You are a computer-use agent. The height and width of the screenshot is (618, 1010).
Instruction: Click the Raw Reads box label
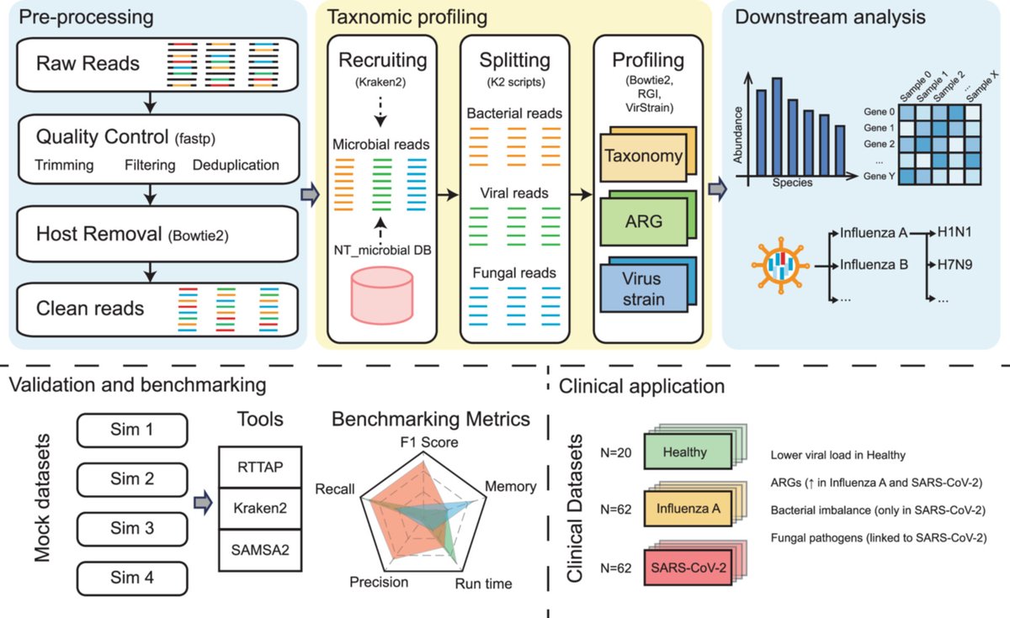88,64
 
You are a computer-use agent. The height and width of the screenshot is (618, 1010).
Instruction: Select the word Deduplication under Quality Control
236,165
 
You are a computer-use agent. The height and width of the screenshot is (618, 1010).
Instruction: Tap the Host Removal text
98,234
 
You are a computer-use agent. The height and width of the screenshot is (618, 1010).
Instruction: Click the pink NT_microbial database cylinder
382,295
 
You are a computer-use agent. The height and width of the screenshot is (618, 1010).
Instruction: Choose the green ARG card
643,222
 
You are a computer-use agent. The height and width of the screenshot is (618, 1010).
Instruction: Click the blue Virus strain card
643,288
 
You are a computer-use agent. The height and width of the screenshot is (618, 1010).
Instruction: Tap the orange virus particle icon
780,266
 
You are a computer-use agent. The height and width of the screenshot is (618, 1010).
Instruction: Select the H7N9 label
954,264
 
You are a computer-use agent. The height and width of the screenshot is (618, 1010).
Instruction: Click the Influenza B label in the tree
874,264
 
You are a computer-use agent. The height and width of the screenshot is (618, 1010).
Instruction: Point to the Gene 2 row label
879,144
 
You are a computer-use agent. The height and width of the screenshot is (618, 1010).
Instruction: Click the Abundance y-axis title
737,135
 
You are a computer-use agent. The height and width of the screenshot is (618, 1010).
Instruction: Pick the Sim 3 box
132,529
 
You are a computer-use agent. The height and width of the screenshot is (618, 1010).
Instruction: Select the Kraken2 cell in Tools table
260,509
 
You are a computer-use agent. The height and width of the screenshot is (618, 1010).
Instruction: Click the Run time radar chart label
483,584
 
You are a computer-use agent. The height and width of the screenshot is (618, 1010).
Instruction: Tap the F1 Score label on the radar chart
428,442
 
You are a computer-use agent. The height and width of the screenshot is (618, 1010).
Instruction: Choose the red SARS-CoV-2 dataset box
688,568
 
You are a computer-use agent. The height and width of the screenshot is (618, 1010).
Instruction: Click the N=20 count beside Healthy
615,452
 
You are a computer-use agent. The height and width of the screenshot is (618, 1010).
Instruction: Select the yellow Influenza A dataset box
688,509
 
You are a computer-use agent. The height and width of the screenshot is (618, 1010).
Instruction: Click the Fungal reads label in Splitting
514,273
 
